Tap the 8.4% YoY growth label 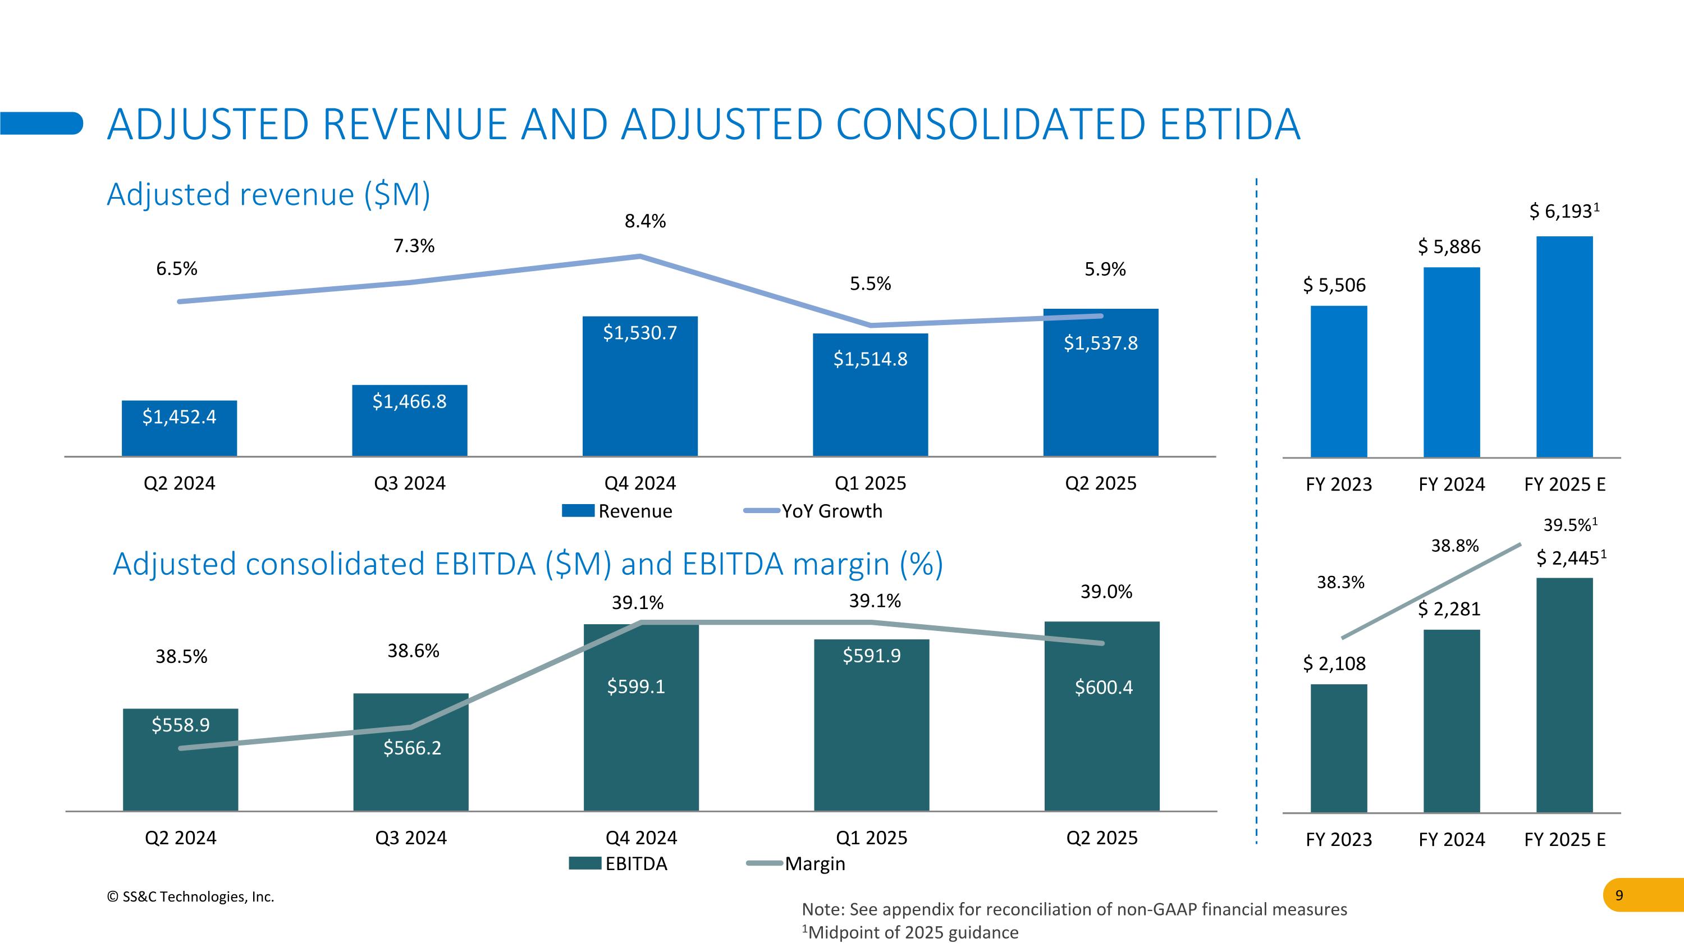click(644, 222)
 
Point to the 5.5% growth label click(870, 283)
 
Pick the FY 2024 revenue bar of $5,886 click(1451, 363)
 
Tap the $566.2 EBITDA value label click(412, 748)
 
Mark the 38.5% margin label click(181, 657)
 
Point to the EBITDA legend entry click(619, 864)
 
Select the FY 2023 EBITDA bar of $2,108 click(1338, 748)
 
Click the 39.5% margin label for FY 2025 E click(1569, 525)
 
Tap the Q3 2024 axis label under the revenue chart click(409, 484)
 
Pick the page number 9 click(1619, 895)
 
